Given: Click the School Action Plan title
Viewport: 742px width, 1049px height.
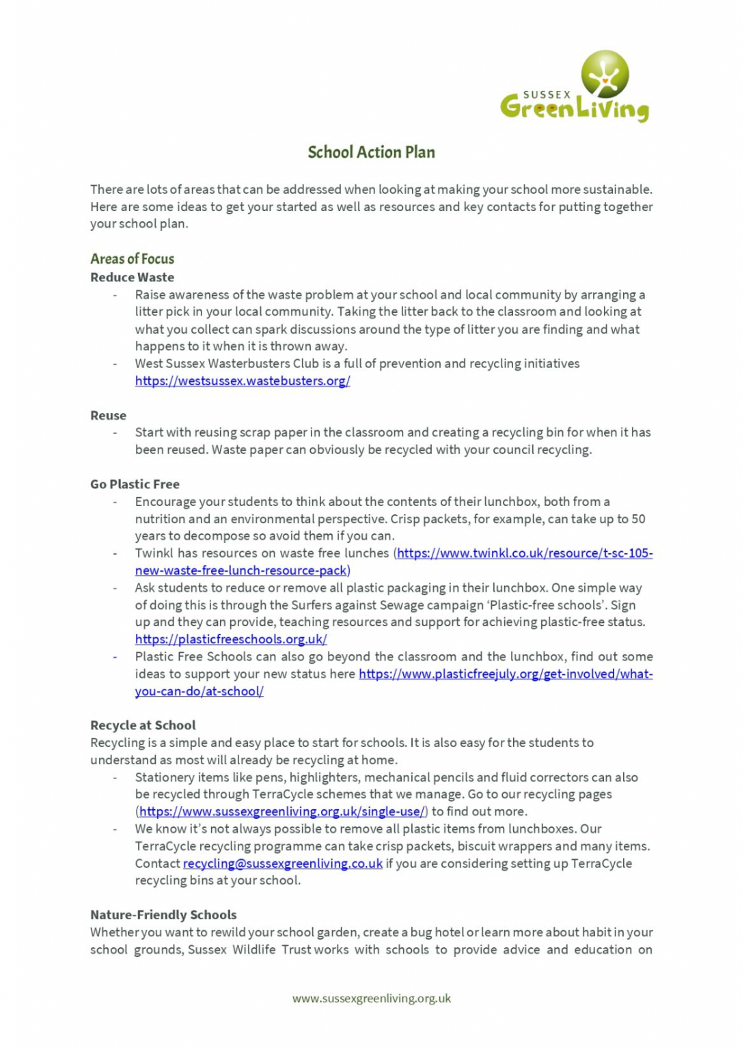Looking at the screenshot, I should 371,152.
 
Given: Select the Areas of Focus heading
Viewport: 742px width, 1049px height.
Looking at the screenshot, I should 132,259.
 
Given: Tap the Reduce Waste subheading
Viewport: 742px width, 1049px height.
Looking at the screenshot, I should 132,277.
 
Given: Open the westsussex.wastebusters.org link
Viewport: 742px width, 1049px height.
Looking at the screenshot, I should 243,381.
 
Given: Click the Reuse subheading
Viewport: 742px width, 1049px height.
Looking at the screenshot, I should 108,415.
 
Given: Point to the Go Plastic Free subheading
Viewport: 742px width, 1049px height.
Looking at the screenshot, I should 135,484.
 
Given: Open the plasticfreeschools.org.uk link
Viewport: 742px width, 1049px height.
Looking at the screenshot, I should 231,639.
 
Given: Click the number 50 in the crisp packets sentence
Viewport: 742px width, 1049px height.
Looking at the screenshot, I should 638,519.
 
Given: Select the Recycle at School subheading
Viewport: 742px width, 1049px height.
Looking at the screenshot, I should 143,725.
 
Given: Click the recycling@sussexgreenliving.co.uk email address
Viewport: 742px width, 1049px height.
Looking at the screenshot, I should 283,863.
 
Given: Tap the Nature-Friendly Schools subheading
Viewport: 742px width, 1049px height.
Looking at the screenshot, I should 163,915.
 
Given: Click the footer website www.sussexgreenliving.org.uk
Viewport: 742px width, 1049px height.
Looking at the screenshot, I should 372,998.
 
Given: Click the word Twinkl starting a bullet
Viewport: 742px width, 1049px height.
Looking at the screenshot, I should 154,553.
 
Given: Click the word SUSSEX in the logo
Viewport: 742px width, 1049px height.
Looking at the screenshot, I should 547,95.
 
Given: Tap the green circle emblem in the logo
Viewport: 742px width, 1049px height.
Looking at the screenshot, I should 605,74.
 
